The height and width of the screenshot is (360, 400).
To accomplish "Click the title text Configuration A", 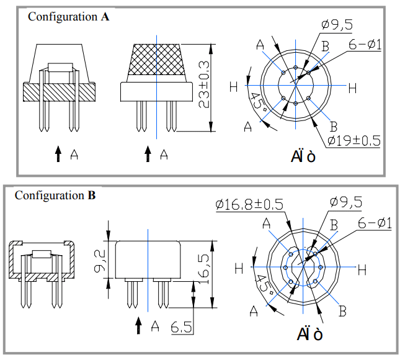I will click(68, 17).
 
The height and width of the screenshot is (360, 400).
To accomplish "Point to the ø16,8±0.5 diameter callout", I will click(249, 204).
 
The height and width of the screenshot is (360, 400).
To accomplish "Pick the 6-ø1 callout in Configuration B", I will click(374, 223).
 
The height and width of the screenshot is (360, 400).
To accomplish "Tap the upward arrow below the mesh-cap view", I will click(148, 154).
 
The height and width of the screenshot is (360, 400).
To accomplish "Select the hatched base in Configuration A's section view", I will click(60, 92).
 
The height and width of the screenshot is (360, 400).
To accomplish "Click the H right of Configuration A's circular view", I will click(352, 88).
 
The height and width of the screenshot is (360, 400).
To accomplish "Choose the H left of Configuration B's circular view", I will click(239, 269).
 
